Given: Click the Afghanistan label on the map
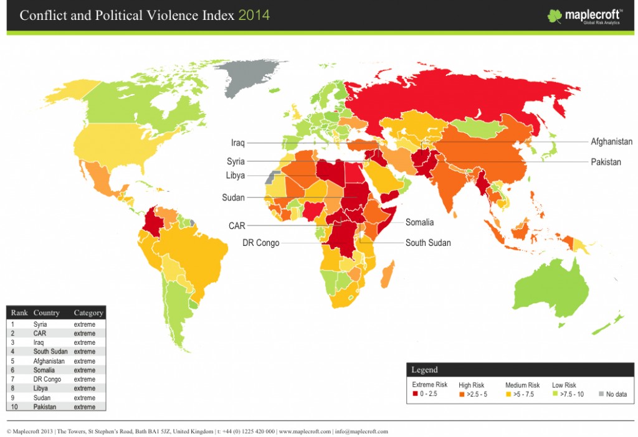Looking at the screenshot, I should coord(611,142).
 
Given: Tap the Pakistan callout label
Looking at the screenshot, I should coord(606,162).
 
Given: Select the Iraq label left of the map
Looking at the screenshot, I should coord(237,143).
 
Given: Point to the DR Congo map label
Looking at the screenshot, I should coord(260,243).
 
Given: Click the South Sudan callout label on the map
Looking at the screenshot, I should coord(428,243).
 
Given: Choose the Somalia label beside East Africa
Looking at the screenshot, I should coord(419,222).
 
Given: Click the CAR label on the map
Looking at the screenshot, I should coord(237,226).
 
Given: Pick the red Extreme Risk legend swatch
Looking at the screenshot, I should coord(415,394).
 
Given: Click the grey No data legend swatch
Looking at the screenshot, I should coord(601,394).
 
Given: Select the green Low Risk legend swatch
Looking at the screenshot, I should coord(555,394).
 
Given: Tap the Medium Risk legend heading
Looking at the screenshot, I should coord(522,385).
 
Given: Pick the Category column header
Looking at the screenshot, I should coord(88,312).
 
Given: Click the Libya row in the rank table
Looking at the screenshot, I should coord(41,388).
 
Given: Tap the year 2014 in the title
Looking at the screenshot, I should coord(254,15).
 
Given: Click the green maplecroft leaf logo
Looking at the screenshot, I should coord(555,16).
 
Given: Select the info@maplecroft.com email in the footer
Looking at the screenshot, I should coord(360,431).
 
